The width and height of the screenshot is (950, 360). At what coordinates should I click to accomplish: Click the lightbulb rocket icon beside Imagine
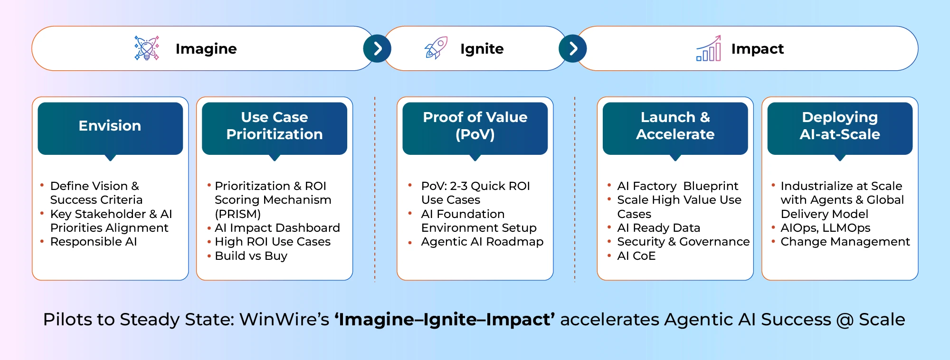pyautogui.click(x=147, y=48)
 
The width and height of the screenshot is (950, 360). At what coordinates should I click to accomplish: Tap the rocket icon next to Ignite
pyautogui.click(x=436, y=48)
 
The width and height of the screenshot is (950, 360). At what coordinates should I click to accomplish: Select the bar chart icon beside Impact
pyautogui.click(x=708, y=48)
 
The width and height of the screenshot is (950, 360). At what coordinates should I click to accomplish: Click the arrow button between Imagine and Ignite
pyautogui.click(x=377, y=48)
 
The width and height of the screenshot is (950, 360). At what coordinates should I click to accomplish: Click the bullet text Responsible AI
pyautogui.click(x=94, y=242)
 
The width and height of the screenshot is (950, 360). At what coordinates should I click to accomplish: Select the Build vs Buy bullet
pyautogui.click(x=251, y=256)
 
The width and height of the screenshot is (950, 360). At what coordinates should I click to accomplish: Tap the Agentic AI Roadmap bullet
pyautogui.click(x=482, y=242)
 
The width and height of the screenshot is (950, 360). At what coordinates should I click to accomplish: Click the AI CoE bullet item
pyautogui.click(x=636, y=256)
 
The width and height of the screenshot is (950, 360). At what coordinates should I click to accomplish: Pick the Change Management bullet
pyautogui.click(x=845, y=242)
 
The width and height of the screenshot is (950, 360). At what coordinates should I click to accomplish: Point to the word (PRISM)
pyautogui.click(x=237, y=214)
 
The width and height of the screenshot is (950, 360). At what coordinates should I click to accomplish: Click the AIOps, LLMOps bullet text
pyautogui.click(x=825, y=228)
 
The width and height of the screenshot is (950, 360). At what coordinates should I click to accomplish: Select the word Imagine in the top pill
pyautogui.click(x=206, y=48)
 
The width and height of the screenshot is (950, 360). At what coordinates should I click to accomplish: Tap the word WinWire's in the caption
pyautogui.click(x=284, y=320)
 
